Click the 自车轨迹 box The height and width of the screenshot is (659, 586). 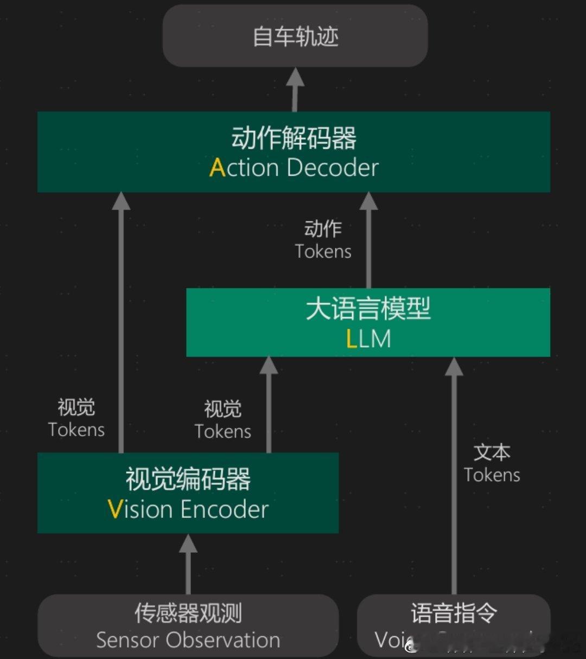pyautogui.click(x=295, y=36)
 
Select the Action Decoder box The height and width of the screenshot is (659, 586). pyautogui.click(x=294, y=152)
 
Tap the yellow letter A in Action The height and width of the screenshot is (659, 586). pyautogui.click(x=217, y=168)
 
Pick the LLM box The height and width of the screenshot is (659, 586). pyautogui.click(x=368, y=322)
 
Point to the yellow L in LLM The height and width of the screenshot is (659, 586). pyautogui.click(x=352, y=339)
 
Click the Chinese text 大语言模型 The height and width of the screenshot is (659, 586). pyautogui.click(x=368, y=309)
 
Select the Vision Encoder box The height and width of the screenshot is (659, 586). pyautogui.click(x=188, y=492)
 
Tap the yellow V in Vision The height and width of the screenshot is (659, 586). pyautogui.click(x=115, y=509)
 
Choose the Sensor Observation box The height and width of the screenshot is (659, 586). pyautogui.click(x=188, y=625)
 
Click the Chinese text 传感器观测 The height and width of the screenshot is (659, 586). pyautogui.click(x=188, y=613)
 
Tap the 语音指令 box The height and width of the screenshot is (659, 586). pyautogui.click(x=454, y=625)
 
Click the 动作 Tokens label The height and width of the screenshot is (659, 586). pyautogui.click(x=323, y=240)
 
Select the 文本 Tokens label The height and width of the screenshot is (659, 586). pyautogui.click(x=492, y=464)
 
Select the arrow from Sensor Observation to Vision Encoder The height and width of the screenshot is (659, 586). pyautogui.click(x=188, y=564)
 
